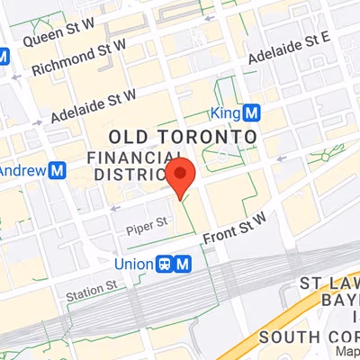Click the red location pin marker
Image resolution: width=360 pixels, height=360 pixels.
point(182,176)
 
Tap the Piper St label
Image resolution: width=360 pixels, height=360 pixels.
point(147,221)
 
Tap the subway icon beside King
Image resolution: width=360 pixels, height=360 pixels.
point(253,113)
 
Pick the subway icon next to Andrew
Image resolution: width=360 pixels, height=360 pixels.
point(58,169)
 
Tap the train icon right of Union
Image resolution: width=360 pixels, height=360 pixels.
point(165,264)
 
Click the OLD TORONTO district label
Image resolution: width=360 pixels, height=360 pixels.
point(183,136)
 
